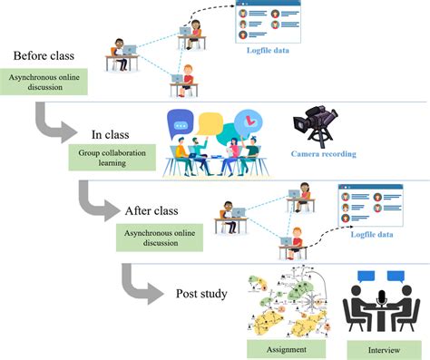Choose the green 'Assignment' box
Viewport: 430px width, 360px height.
[284, 348]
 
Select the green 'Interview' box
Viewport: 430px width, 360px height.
[378, 348]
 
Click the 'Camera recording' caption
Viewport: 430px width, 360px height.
[325, 154]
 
